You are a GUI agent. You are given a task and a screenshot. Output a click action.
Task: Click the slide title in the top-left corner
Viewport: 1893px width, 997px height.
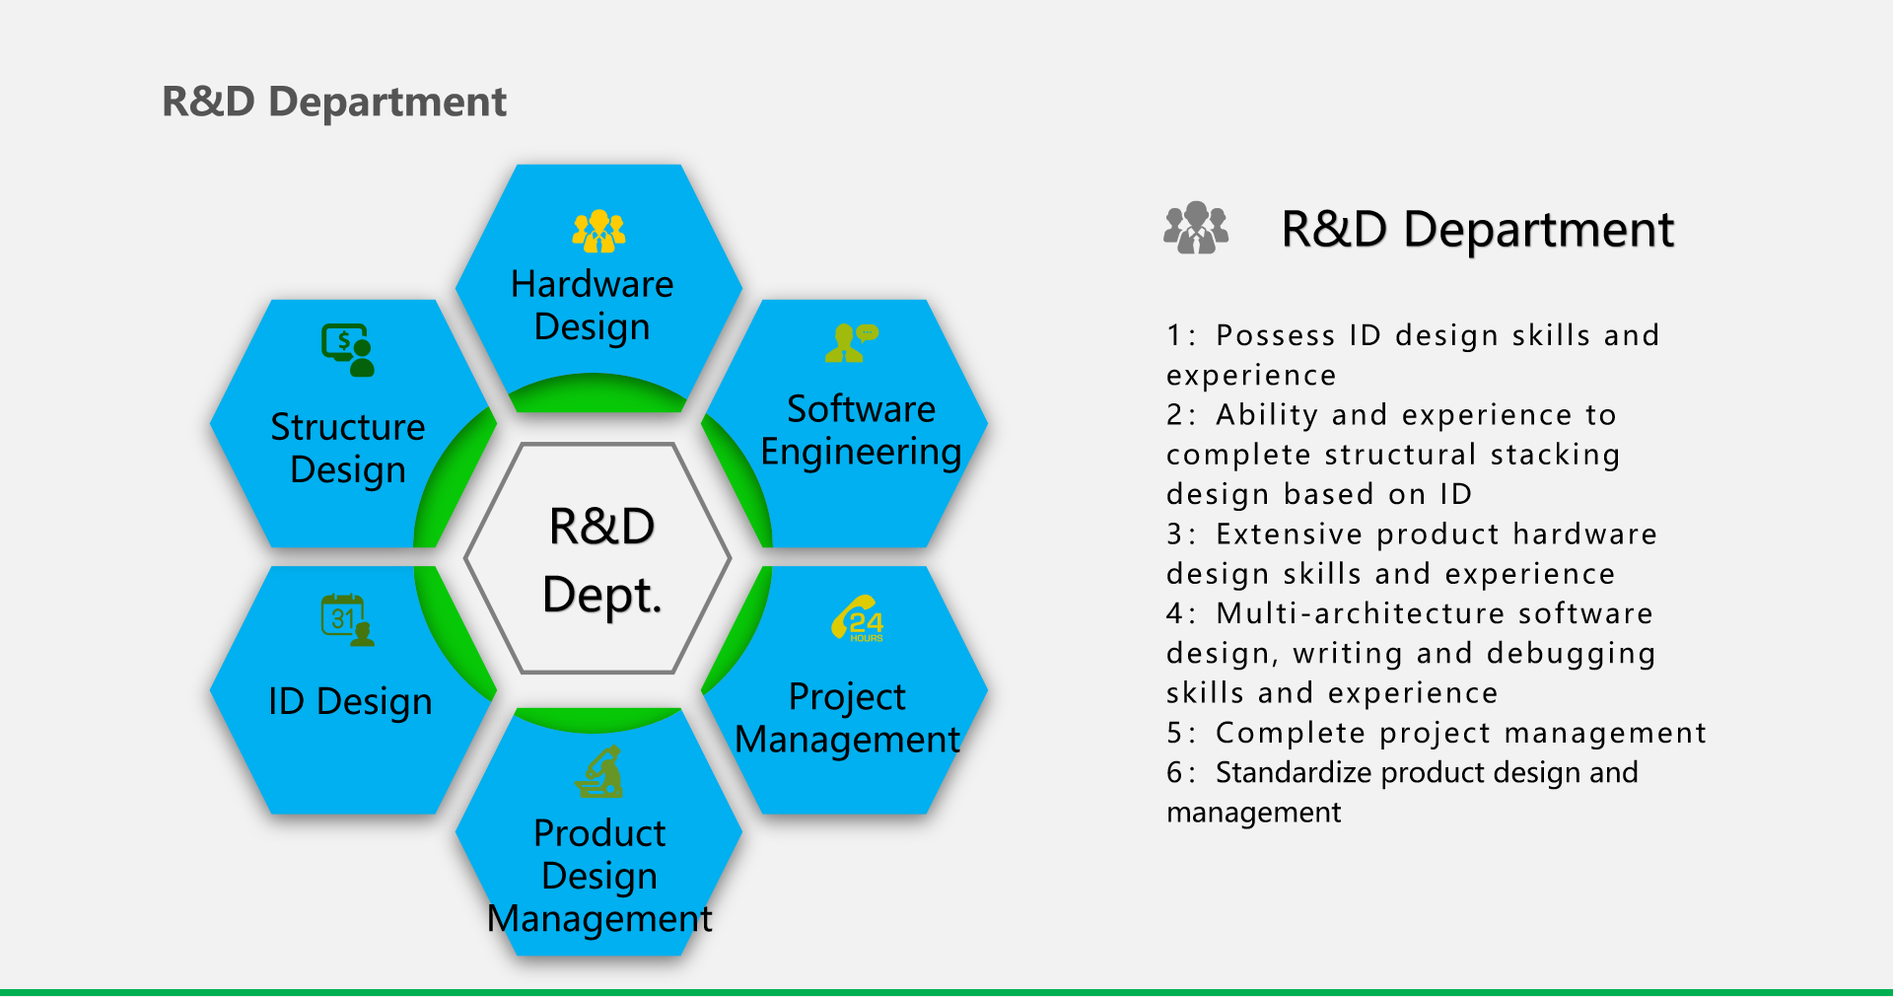point(334,102)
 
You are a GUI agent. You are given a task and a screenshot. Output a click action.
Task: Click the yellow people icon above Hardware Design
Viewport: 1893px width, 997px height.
point(598,232)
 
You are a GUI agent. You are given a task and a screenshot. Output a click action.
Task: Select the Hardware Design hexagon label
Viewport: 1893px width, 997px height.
point(593,306)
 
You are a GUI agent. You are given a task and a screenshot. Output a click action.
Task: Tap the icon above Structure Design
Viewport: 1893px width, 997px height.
point(348,350)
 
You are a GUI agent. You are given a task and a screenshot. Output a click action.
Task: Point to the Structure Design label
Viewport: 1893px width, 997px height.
point(348,449)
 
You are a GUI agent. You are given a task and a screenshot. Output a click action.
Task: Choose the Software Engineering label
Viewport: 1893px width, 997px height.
point(861,431)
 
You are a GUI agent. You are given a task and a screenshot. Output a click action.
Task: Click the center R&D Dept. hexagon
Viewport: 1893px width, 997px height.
point(598,559)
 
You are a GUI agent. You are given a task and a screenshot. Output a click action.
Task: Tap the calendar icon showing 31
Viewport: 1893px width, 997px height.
point(348,620)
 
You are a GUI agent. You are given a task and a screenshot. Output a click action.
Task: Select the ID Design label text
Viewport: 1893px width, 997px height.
point(350,702)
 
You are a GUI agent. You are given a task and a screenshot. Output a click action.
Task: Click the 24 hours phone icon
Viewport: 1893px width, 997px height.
point(857,618)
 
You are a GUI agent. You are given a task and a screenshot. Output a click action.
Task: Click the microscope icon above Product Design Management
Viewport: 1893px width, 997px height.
point(599,772)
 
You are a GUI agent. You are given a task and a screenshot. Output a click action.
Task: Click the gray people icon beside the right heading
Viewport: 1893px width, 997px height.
point(1196,228)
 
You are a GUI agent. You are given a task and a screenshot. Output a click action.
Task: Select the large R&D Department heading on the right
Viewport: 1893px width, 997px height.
point(1477,230)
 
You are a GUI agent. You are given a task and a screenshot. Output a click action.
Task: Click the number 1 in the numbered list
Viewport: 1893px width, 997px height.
point(1173,335)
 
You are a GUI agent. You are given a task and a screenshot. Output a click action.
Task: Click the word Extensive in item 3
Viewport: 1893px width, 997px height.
point(1290,534)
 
